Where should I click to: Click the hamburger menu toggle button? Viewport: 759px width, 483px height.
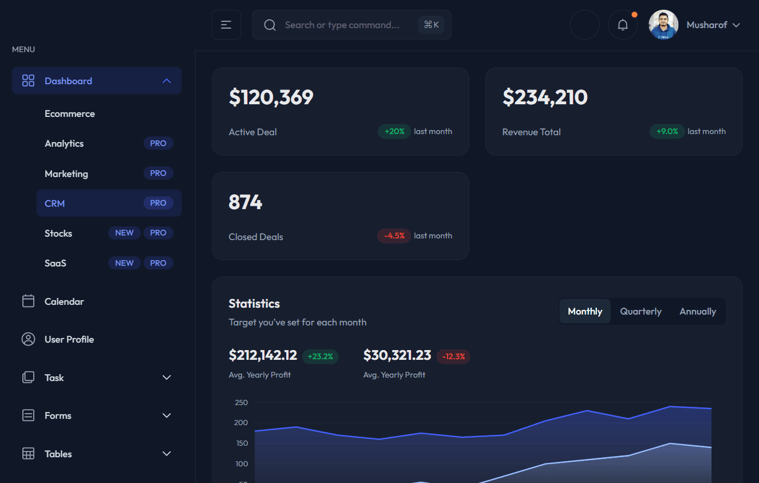pos(226,25)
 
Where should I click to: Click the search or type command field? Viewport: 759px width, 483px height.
pos(342,25)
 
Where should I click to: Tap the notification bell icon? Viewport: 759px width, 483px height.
pos(622,25)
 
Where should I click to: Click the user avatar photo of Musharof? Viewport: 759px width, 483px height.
pos(663,25)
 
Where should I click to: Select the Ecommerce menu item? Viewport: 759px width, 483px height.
pos(70,113)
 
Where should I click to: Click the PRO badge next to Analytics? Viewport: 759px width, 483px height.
pos(158,143)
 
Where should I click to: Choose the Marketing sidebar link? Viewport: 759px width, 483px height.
pos(66,174)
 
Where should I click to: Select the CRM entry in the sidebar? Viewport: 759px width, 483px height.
pos(55,203)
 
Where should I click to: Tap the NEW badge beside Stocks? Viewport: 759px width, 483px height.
pos(124,233)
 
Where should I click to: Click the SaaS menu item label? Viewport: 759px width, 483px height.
pos(56,263)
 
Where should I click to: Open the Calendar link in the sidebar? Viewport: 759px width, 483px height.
pos(64,301)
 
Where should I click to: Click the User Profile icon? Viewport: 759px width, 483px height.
pos(28,339)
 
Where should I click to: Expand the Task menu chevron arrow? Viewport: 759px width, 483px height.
pos(167,378)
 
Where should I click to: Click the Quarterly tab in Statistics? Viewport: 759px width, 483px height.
pos(641,311)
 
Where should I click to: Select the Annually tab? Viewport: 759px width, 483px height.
pos(697,311)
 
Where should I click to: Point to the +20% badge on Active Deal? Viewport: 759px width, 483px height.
pos(394,131)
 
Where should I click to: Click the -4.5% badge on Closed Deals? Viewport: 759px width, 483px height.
pos(394,235)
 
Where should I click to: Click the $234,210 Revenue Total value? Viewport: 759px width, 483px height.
pos(544,97)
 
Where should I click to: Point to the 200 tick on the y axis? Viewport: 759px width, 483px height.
pos(241,423)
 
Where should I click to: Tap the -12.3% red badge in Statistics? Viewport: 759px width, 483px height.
pos(453,356)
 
